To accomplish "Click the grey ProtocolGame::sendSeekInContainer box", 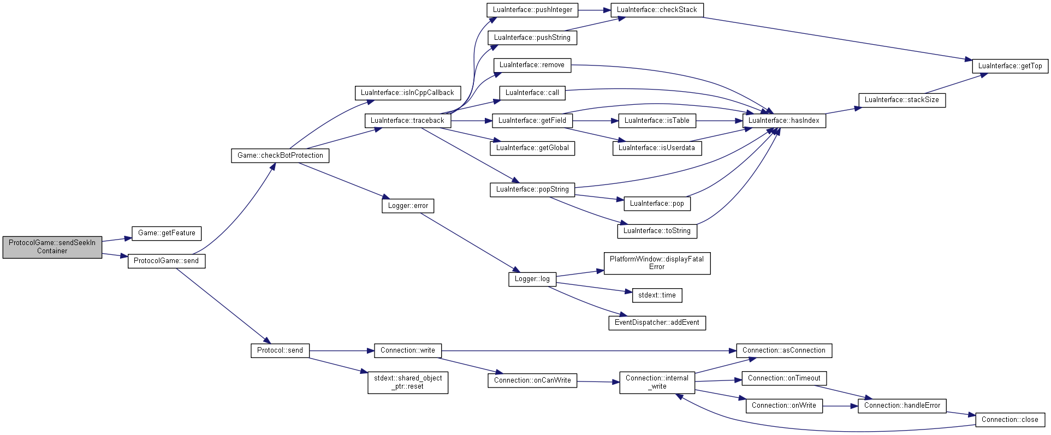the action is pyautogui.click(x=52, y=247).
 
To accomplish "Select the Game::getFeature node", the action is pyautogui.click(x=167, y=233).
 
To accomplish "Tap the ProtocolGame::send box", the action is pyautogui.click(x=167, y=261).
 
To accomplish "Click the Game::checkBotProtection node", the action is pyautogui.click(x=280, y=156).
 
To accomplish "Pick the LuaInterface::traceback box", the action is pyautogui.click(x=407, y=121).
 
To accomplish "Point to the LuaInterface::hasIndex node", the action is pyautogui.click(x=784, y=121).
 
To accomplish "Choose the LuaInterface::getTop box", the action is pyautogui.click(x=1010, y=66).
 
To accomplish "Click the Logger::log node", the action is pyautogui.click(x=532, y=279).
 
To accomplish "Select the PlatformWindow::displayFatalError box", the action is pyautogui.click(x=657, y=263).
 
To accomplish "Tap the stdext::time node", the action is pyautogui.click(x=657, y=295).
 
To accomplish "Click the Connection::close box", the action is pyautogui.click(x=1010, y=420).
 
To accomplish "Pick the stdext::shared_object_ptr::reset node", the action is pyautogui.click(x=408, y=383).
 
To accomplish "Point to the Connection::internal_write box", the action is pyautogui.click(x=657, y=383).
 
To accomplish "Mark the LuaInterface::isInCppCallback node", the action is pyautogui.click(x=407, y=93).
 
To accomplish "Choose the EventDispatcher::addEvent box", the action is pyautogui.click(x=657, y=323).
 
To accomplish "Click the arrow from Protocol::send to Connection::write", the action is pyautogui.click(x=342, y=351).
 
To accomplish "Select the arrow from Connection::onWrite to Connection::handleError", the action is pyautogui.click(x=840, y=406).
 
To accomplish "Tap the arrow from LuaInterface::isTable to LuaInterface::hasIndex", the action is pyautogui.click(x=719, y=121).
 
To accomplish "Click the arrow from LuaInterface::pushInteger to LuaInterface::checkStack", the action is pyautogui.click(x=594, y=10).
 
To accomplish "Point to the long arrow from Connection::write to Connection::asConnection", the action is pyautogui.click(x=589, y=351).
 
